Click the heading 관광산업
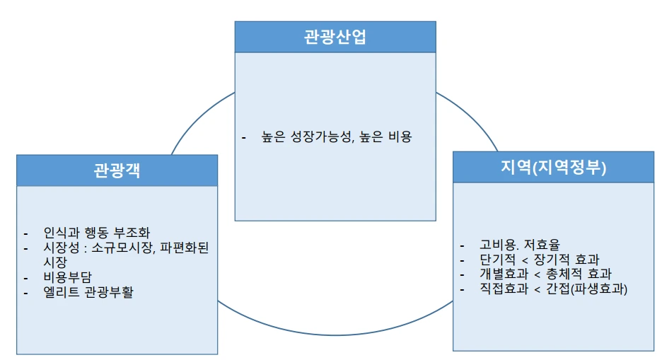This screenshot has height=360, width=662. [335, 37]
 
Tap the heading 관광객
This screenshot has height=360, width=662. [117, 171]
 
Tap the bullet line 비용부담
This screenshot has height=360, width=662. [68, 276]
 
